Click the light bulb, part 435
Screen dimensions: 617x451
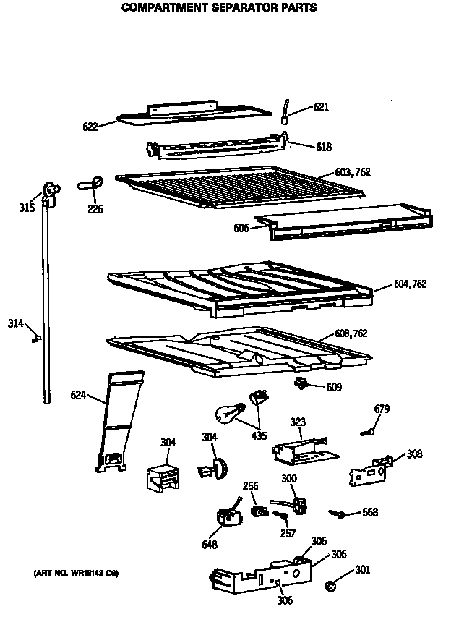[x=226, y=414]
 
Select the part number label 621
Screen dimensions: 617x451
[x=321, y=108]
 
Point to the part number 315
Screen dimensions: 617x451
[x=26, y=209]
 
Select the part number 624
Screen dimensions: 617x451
[x=79, y=395]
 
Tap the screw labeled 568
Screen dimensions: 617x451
[x=336, y=513]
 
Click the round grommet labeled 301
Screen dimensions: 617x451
[x=331, y=583]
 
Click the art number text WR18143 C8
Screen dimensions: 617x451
[x=75, y=574]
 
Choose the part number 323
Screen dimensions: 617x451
[x=297, y=421]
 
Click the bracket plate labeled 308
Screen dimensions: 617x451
[x=369, y=471]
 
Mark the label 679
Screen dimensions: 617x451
[x=381, y=409]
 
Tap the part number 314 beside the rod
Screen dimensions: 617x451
[x=16, y=323]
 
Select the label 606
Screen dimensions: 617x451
[x=241, y=228]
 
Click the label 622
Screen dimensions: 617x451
[x=90, y=127]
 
